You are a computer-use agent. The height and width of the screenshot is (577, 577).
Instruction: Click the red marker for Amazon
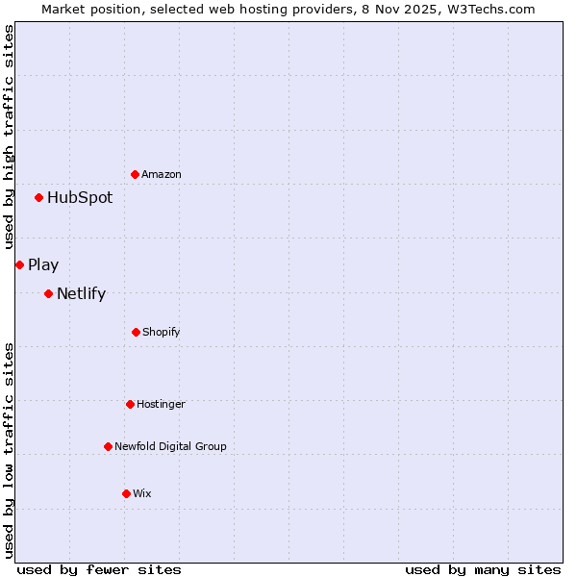coord(135,174)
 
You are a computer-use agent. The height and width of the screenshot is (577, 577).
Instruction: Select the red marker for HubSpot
coord(38,197)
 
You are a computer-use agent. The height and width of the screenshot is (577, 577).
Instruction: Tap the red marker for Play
coord(19,264)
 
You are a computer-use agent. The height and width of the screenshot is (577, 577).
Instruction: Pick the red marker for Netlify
coord(48,293)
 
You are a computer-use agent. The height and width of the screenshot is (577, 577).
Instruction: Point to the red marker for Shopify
coord(136,332)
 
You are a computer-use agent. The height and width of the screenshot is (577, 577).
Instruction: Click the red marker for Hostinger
coord(130,404)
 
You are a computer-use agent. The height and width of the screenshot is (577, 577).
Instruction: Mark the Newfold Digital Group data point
coord(108,446)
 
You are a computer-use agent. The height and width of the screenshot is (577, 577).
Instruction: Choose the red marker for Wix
coord(126,493)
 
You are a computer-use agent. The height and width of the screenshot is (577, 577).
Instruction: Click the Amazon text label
coord(162,175)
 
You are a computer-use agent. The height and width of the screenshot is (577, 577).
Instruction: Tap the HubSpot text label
coord(80,198)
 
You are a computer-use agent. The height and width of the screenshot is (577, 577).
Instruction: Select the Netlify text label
coord(81,294)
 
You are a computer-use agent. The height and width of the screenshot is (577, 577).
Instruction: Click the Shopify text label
coord(162,333)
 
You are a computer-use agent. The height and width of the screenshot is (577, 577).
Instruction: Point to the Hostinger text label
coord(161,405)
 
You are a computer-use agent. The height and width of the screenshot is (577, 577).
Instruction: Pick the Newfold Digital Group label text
coord(170,446)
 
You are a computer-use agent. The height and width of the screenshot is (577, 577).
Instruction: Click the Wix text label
coord(142,494)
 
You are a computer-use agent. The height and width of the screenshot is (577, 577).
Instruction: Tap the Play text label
coord(43,265)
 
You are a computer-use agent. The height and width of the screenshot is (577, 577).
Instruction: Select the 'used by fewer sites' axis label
coord(99,569)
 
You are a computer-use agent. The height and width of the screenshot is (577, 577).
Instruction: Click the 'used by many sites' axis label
coord(483,569)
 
